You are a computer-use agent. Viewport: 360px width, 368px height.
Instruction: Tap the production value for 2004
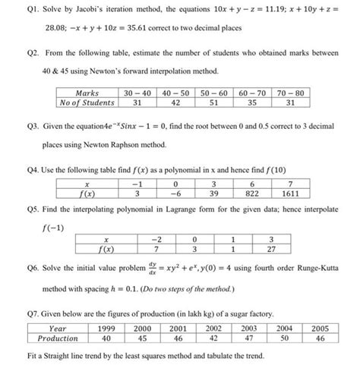[284, 339]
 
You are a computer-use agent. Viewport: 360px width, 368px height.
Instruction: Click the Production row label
[58, 339]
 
